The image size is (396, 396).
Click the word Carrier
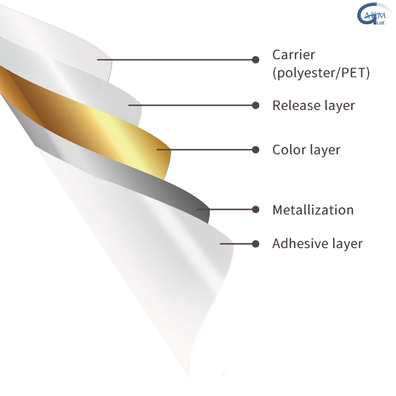pos(293,55)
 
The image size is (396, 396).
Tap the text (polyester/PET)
pos(321,74)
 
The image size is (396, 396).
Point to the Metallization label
pos(313,209)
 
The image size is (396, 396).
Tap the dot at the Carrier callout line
pos(256,60)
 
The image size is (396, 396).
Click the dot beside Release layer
pos(256,105)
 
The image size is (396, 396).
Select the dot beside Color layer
pos(256,150)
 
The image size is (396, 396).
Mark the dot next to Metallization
pos(256,209)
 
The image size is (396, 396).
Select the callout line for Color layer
pos(206,150)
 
